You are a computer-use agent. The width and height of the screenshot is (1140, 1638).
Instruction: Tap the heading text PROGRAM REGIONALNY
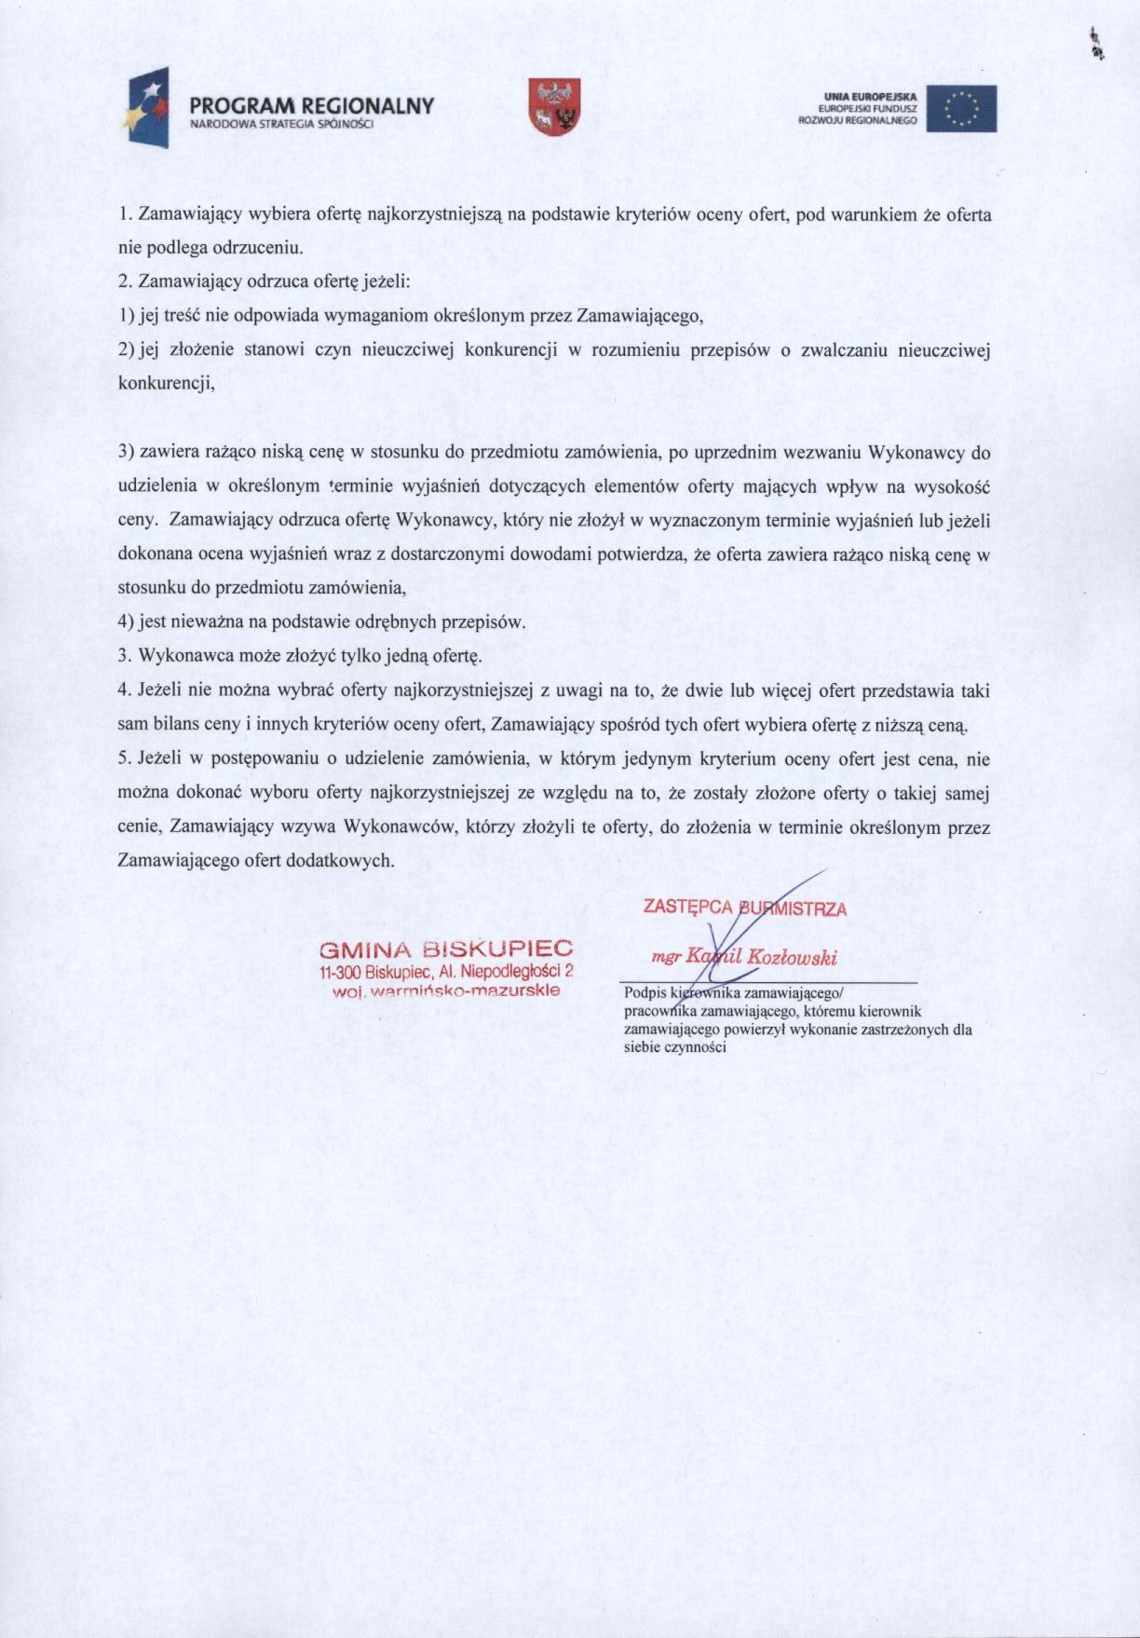tap(312, 105)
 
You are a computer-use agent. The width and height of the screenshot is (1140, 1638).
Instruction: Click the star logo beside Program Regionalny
tap(146, 109)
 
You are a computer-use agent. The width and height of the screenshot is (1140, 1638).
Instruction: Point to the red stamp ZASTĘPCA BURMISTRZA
tap(744, 907)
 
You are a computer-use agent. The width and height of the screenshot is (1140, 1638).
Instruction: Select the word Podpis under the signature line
tap(642, 993)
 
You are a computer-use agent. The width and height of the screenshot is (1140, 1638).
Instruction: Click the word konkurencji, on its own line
tap(167, 383)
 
